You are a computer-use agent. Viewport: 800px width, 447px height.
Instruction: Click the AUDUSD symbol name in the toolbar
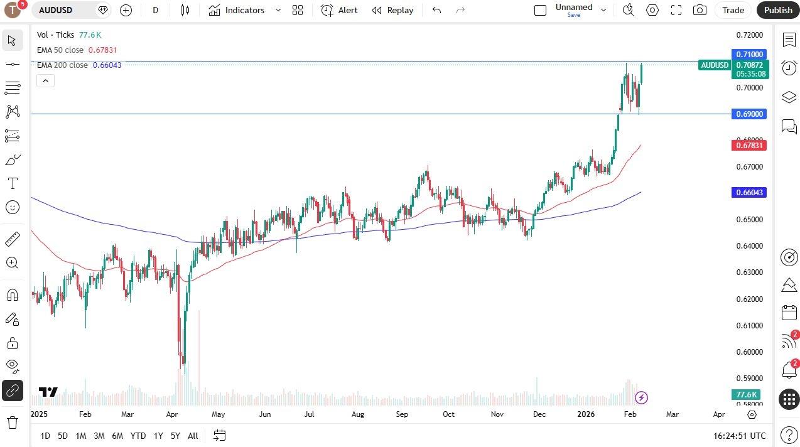[x=56, y=10]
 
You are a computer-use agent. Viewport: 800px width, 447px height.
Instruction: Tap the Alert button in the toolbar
[x=339, y=10]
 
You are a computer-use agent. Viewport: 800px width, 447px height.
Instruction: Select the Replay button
[x=392, y=10]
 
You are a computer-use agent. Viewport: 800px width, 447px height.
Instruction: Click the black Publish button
[x=778, y=10]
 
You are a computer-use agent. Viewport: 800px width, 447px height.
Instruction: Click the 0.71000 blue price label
[x=750, y=55]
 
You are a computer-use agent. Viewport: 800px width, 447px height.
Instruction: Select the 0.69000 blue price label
[x=750, y=114]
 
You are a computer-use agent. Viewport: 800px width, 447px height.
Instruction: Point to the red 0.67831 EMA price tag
[x=750, y=146]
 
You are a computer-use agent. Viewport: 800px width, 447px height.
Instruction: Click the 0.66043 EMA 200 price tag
[x=750, y=193]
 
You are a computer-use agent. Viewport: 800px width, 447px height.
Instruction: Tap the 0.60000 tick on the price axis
[x=750, y=352]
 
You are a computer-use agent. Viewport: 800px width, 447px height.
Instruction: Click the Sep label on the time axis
[x=402, y=414]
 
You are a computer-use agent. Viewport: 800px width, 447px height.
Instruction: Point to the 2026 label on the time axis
[x=586, y=414]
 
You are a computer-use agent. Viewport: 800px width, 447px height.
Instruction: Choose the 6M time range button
[x=117, y=436]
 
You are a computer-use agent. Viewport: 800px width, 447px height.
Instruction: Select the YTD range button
[x=138, y=436]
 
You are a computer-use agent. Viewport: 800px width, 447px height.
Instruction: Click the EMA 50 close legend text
[x=60, y=50]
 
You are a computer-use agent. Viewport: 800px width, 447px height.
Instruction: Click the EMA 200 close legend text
[x=62, y=65]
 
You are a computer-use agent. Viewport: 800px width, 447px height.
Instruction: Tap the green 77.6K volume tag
[x=747, y=395]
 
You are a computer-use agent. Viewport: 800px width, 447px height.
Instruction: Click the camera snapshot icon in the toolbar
[x=700, y=10]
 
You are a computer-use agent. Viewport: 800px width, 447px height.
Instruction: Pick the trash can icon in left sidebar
[x=13, y=422]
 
